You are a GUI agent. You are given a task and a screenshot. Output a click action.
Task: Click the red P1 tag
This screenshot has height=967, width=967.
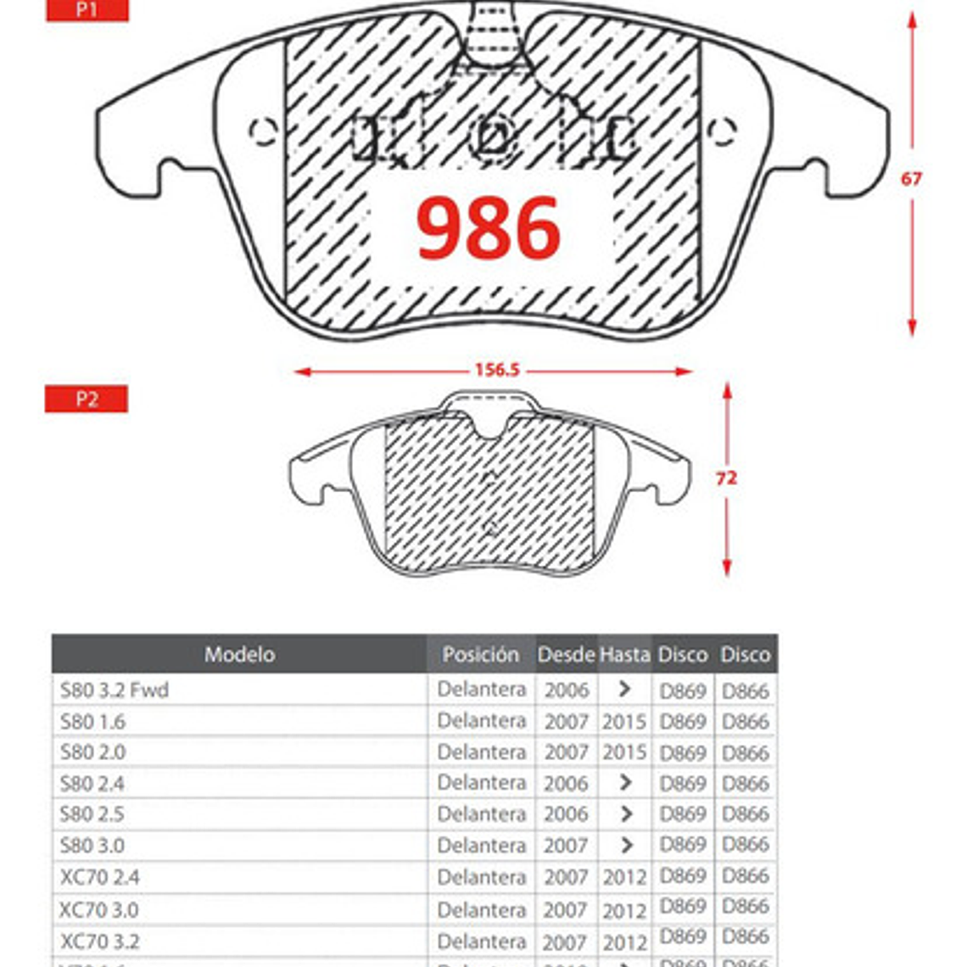tap(87, 10)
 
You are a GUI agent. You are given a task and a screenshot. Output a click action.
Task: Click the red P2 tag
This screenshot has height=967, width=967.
tap(87, 399)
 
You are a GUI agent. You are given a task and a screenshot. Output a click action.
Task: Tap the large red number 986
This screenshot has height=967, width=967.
tap(489, 228)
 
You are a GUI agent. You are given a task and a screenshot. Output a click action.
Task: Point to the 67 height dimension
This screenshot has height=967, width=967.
tap(911, 179)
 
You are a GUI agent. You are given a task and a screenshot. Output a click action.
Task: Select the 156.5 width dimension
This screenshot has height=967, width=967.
tap(496, 371)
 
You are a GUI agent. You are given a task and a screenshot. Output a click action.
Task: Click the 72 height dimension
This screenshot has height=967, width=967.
tap(726, 478)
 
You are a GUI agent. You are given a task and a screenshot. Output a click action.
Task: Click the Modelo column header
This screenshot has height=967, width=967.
tap(239, 654)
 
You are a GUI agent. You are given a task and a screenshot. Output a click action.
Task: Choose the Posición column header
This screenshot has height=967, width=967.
tap(480, 654)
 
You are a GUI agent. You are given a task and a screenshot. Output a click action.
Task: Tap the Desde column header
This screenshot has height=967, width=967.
tap(566, 654)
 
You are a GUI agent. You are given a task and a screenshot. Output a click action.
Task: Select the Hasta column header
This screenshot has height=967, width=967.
tap(624, 654)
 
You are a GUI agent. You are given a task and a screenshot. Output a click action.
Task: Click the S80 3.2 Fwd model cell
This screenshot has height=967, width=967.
tap(115, 690)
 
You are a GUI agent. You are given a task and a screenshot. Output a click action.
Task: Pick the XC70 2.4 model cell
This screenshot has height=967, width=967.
tap(100, 877)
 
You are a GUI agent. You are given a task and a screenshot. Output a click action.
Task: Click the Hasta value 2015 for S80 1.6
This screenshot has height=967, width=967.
tap(624, 721)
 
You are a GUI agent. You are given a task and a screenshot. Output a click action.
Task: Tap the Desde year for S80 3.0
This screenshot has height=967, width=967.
tap(566, 845)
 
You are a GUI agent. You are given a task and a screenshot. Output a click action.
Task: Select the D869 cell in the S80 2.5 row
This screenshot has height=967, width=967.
tap(683, 813)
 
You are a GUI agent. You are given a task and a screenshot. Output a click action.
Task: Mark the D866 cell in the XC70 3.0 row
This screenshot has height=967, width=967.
tap(745, 908)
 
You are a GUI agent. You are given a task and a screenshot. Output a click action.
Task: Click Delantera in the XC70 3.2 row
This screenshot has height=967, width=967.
tap(481, 941)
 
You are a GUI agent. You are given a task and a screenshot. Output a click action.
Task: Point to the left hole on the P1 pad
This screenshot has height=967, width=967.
tap(263, 131)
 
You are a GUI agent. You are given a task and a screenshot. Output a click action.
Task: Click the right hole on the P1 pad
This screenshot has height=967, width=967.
tap(721, 131)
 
